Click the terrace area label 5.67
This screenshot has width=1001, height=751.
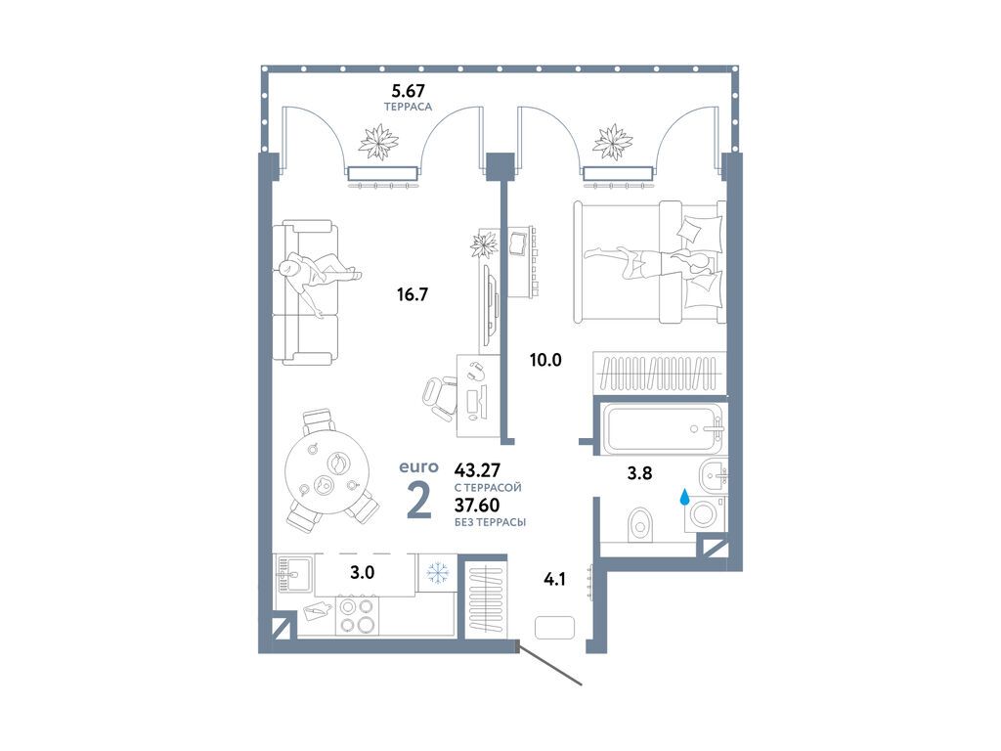(x=408, y=91)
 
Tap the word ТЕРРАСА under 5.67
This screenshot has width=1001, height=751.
(x=408, y=108)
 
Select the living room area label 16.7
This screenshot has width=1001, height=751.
(x=412, y=294)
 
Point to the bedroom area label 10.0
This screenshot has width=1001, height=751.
(x=545, y=360)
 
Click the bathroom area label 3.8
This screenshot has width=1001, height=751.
(x=639, y=473)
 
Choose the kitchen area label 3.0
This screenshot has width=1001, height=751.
(x=362, y=573)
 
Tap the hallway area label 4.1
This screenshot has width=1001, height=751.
(x=554, y=580)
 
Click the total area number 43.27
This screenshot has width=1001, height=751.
(x=477, y=470)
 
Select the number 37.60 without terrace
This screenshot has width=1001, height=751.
(x=477, y=506)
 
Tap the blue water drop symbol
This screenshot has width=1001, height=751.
(x=685, y=497)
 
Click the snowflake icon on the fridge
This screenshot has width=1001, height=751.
(x=438, y=573)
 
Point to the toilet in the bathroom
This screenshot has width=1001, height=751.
(x=640, y=525)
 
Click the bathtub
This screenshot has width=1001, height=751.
(x=664, y=428)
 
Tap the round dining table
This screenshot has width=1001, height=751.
(x=327, y=473)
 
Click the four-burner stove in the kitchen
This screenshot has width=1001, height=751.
(x=356, y=615)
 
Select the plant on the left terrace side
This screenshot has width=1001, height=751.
(x=379, y=141)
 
